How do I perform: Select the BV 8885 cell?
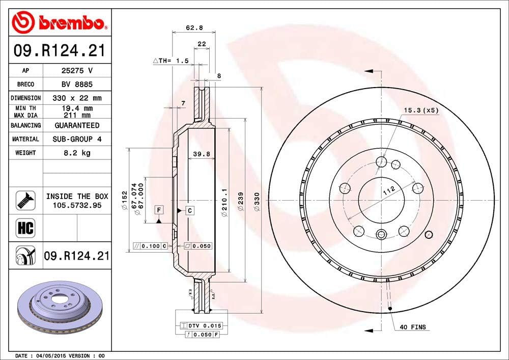(x=76, y=85)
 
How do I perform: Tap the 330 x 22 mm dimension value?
(x=76, y=98)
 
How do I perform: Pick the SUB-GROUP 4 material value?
(x=76, y=139)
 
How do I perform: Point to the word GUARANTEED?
(x=76, y=125)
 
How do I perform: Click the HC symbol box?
(x=25, y=228)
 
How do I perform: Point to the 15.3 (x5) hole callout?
(x=420, y=110)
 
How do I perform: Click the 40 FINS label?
(x=413, y=327)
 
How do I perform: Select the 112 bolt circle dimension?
(x=389, y=192)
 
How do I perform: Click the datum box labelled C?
(x=189, y=210)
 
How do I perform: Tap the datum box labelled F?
(x=159, y=210)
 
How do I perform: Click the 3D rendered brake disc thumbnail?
(x=54, y=307)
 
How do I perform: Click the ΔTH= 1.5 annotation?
(x=171, y=61)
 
